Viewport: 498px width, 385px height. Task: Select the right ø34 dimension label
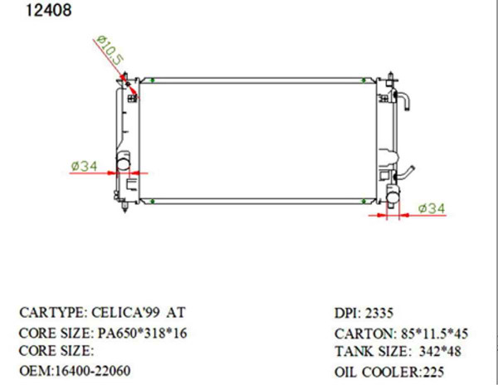pyautogui.click(x=432, y=208)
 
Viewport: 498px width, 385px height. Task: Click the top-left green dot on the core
pyautogui.click(x=154, y=80)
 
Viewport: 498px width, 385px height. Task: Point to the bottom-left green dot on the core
pyautogui.click(x=154, y=202)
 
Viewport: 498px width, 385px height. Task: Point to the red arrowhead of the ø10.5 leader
pyautogui.click(x=127, y=80)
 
